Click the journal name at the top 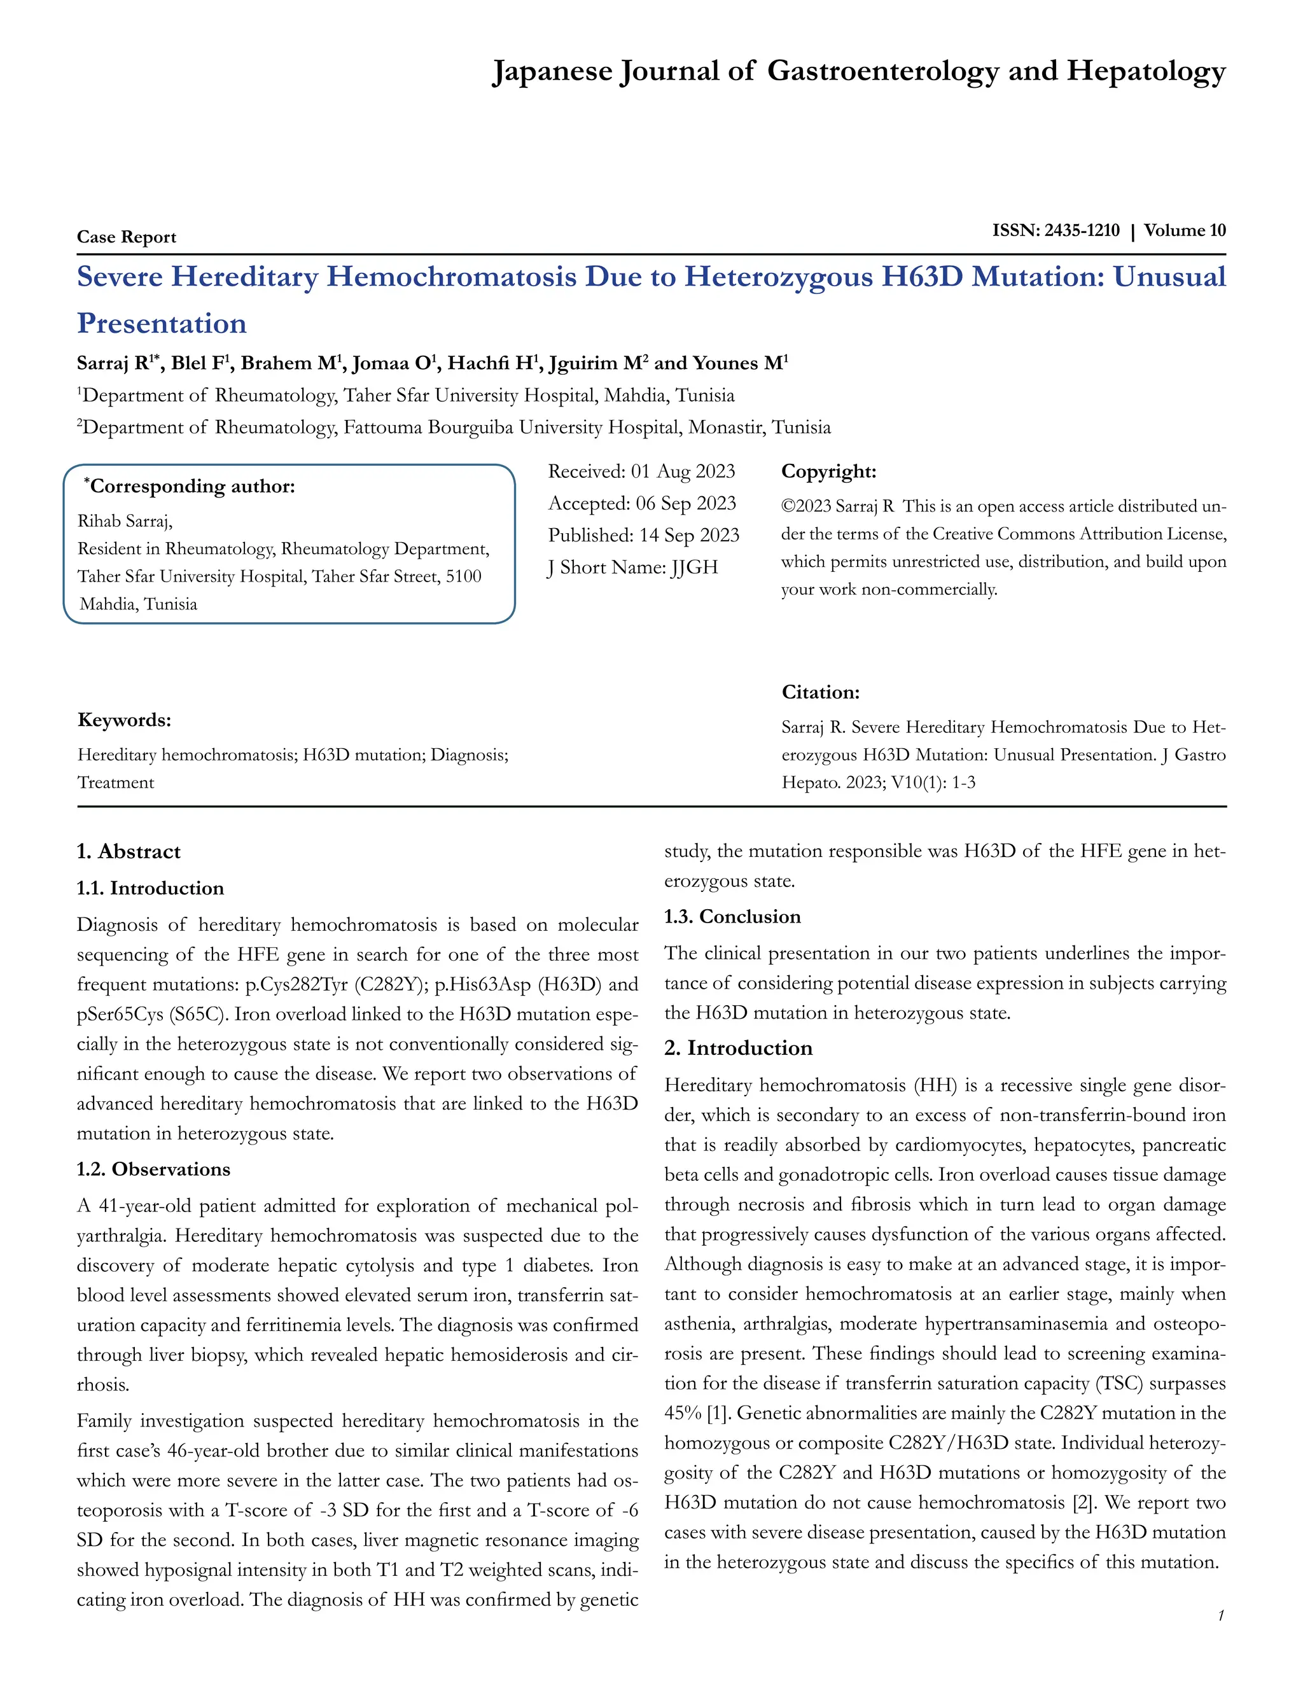pyautogui.click(x=858, y=71)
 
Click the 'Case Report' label pyautogui.click(x=127, y=237)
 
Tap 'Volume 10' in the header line pyautogui.click(x=1184, y=230)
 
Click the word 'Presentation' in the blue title pyautogui.click(x=162, y=323)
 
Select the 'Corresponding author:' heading pyautogui.click(x=192, y=486)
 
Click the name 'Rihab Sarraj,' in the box pyautogui.click(x=125, y=521)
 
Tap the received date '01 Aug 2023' pyautogui.click(x=683, y=471)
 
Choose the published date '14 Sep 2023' pyautogui.click(x=688, y=535)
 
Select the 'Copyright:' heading pyautogui.click(x=828, y=471)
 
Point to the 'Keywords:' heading pyautogui.click(x=124, y=720)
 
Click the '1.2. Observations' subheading pyautogui.click(x=153, y=1169)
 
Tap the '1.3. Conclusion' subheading pyautogui.click(x=732, y=916)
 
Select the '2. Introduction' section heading pyautogui.click(x=738, y=1048)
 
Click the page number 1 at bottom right pyautogui.click(x=1220, y=1615)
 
